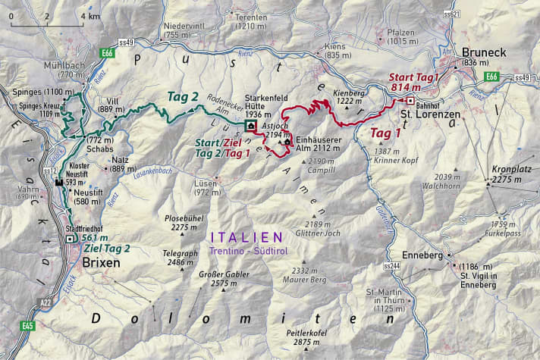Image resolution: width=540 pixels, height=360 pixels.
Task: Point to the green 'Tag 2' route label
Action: click(183, 96)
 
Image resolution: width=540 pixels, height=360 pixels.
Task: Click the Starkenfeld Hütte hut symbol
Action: click(250, 117)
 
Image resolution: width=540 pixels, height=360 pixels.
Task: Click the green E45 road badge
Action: click(28, 326)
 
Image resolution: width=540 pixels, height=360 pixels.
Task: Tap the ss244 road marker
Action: click(391, 266)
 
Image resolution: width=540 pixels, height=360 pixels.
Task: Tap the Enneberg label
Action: click(422, 255)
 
